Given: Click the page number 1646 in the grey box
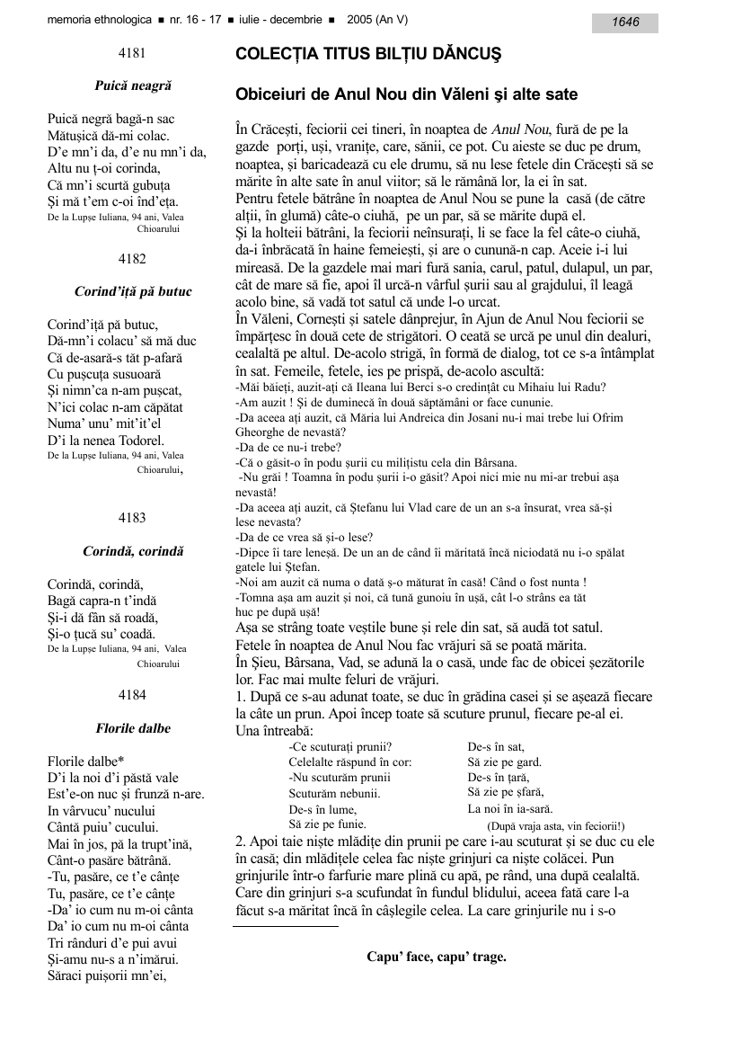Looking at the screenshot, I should click(x=625, y=22).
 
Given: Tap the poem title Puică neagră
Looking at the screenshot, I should click(x=133, y=86).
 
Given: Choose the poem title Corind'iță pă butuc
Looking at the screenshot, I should click(x=133, y=291).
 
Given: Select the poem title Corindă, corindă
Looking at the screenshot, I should click(x=133, y=549).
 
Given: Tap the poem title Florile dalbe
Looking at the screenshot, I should click(x=133, y=728).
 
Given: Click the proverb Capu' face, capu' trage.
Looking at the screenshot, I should click(x=437, y=957).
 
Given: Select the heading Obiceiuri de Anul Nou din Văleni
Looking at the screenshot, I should click(x=406, y=94).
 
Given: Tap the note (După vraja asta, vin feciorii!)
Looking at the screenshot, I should click(x=555, y=825).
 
